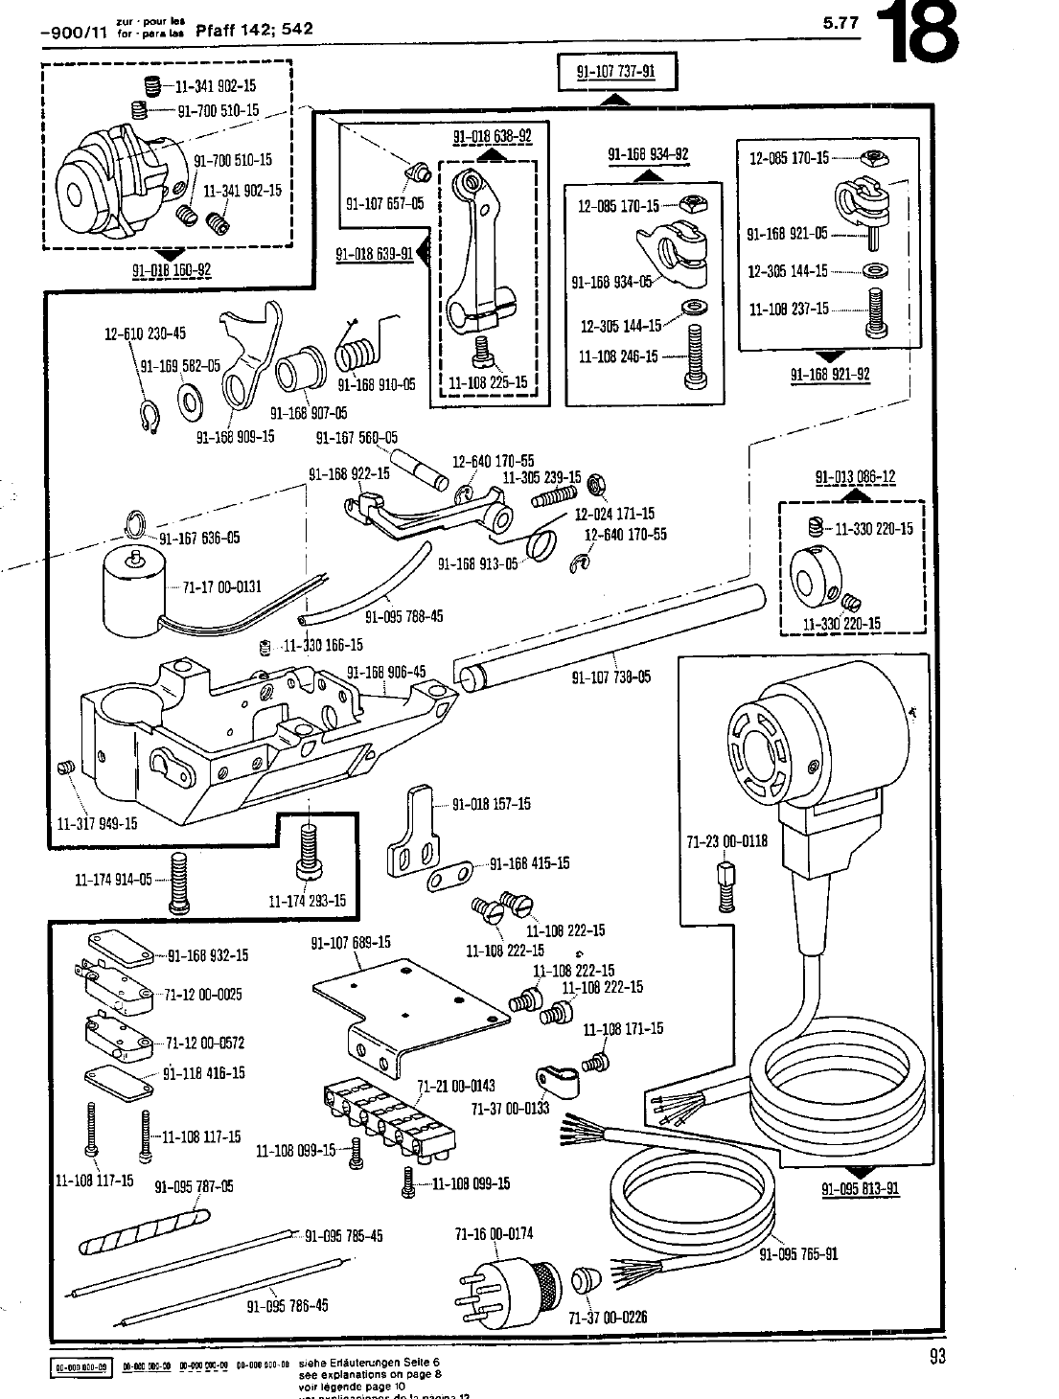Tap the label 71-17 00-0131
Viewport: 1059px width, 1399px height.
click(222, 586)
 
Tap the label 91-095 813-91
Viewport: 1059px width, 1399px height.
click(860, 1189)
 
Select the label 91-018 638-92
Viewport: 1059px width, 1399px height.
click(492, 136)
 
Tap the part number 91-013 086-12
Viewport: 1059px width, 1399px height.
click(855, 477)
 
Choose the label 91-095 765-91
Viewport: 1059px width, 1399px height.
click(798, 1253)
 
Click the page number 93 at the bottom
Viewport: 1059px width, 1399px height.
click(936, 1355)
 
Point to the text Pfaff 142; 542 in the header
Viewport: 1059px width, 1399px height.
click(254, 28)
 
